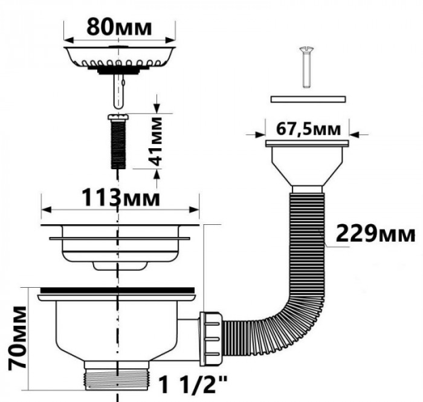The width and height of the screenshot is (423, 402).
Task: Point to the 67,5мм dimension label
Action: pyautogui.click(x=308, y=129)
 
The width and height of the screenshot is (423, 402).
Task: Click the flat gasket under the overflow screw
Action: pyautogui.click(x=308, y=97)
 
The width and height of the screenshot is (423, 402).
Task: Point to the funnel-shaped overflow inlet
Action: pyautogui.click(x=308, y=166)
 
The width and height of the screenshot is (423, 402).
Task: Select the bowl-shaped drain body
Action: pyautogui.click(x=115, y=329)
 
